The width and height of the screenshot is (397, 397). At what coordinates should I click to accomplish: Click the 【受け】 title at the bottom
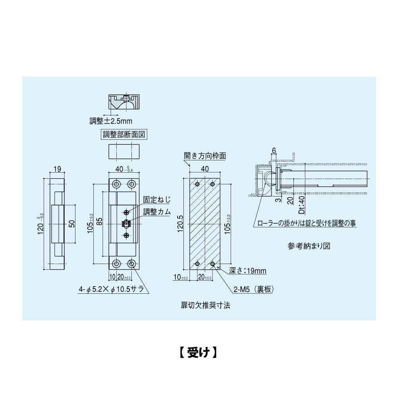pos(197,352)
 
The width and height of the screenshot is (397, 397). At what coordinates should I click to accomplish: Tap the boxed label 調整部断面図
pos(124,134)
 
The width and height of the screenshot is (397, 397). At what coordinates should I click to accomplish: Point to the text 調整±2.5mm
pos(111,120)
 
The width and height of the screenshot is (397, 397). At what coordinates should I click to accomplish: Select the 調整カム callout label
pos(157,212)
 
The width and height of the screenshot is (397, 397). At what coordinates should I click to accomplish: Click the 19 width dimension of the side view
pos(57,169)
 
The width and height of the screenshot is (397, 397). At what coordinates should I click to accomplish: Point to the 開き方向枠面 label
pos(205,156)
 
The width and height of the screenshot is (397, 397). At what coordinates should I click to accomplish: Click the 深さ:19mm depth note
pos(248,271)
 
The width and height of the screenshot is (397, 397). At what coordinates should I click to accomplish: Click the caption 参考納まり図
pos(309,246)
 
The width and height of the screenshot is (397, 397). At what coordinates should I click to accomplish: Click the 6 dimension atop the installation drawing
pos(274,150)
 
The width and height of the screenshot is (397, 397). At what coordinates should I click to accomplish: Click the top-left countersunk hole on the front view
pos(117,184)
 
